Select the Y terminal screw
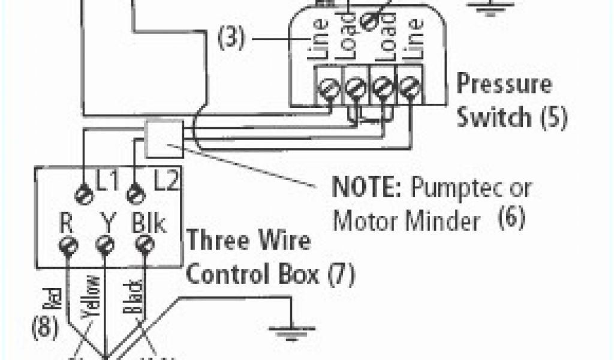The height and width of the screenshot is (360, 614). (106, 245)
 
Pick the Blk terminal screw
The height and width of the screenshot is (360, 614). (144, 245)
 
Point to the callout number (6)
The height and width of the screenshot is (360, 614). (511, 217)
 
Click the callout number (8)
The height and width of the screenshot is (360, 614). (45, 328)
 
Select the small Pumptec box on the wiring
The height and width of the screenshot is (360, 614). (164, 135)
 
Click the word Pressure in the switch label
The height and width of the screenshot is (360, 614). (504, 84)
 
